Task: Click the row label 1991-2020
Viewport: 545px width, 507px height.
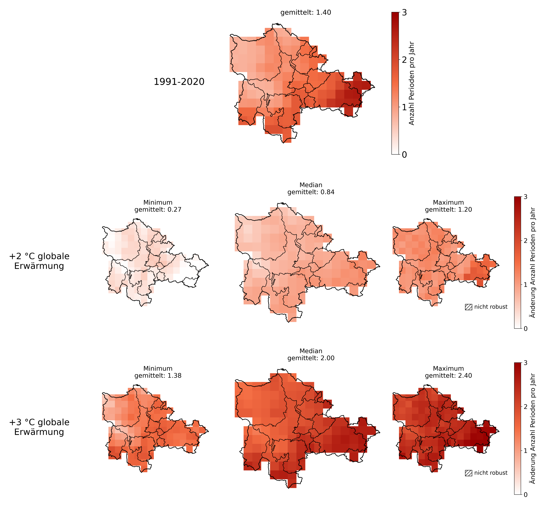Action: [179, 82]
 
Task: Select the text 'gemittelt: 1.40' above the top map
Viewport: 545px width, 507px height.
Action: [305, 13]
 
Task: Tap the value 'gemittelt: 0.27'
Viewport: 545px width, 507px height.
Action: [158, 210]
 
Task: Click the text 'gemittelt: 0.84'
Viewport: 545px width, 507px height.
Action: [311, 192]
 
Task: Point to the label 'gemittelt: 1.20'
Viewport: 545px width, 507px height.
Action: [448, 210]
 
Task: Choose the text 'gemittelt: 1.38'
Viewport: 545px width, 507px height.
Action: [158, 376]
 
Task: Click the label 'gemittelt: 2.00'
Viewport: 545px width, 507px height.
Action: [311, 358]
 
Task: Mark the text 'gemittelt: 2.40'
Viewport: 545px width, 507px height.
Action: [448, 376]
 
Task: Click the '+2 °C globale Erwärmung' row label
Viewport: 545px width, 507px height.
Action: [39, 261]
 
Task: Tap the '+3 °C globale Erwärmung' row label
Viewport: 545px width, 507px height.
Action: [39, 427]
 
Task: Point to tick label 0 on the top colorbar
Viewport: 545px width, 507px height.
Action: [404, 155]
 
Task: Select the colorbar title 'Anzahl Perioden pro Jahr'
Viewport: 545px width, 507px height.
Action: [412, 83]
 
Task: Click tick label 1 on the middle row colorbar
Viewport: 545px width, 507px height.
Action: [525, 284]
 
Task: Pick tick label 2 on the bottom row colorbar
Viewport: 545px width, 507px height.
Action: [525, 407]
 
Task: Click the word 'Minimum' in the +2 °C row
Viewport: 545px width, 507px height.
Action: [158, 202]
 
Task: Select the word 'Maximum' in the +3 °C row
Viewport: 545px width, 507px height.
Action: [448, 368]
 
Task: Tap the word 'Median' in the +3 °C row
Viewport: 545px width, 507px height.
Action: [311, 351]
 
